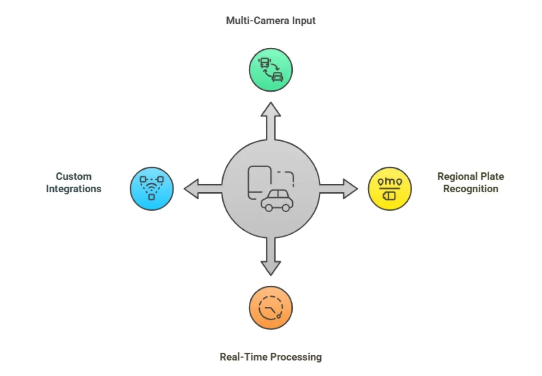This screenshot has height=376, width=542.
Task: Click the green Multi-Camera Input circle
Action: click(x=271, y=70)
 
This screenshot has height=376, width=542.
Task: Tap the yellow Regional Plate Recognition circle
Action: click(x=390, y=189)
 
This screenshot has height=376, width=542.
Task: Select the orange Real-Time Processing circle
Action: click(x=271, y=307)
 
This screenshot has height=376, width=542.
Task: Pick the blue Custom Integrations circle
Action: click(x=152, y=189)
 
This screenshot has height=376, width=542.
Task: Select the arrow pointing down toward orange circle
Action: click(x=271, y=258)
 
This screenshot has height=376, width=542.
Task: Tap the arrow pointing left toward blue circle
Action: click(x=201, y=189)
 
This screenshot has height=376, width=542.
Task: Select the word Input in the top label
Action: click(x=303, y=20)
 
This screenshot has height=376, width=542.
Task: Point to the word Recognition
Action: click(x=470, y=189)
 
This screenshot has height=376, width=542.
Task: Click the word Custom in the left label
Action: click(x=74, y=176)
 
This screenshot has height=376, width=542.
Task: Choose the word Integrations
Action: click(x=74, y=189)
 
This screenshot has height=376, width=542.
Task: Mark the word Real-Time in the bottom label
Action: click(x=239, y=357)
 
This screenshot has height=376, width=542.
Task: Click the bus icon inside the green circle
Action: click(x=264, y=63)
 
